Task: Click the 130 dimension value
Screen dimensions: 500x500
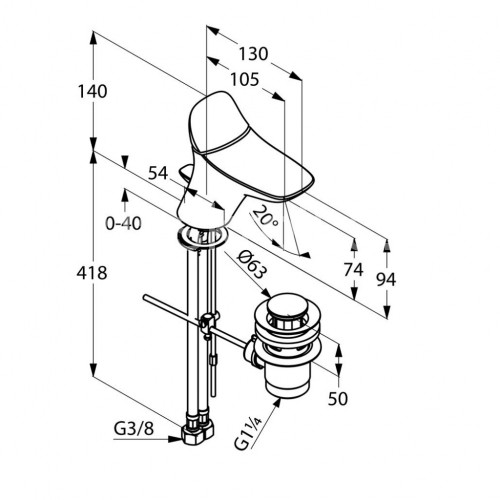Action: (x=253, y=54)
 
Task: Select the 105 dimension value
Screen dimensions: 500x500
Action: (x=245, y=80)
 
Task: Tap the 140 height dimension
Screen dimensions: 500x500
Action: (x=92, y=91)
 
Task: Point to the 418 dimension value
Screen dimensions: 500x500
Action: (x=92, y=273)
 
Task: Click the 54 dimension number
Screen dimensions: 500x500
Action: (x=158, y=173)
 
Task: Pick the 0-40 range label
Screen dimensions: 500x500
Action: (x=123, y=223)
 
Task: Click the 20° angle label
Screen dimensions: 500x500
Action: (x=265, y=217)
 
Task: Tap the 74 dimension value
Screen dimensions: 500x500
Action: (x=353, y=269)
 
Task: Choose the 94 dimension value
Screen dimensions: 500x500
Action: (x=386, y=279)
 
